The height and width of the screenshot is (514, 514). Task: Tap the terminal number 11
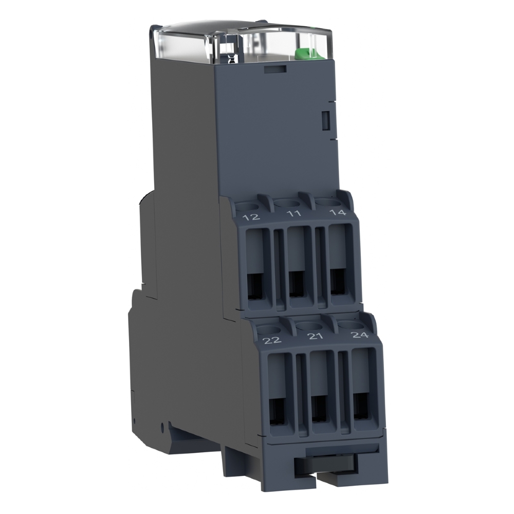click(294, 214)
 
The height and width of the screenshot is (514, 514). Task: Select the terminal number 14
click(338, 212)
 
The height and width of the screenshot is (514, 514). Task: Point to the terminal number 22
click(272, 340)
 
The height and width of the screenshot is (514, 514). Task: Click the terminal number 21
click(315, 336)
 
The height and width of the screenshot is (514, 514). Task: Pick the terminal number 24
click(360, 335)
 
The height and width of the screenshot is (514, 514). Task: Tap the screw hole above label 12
click(248, 206)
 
